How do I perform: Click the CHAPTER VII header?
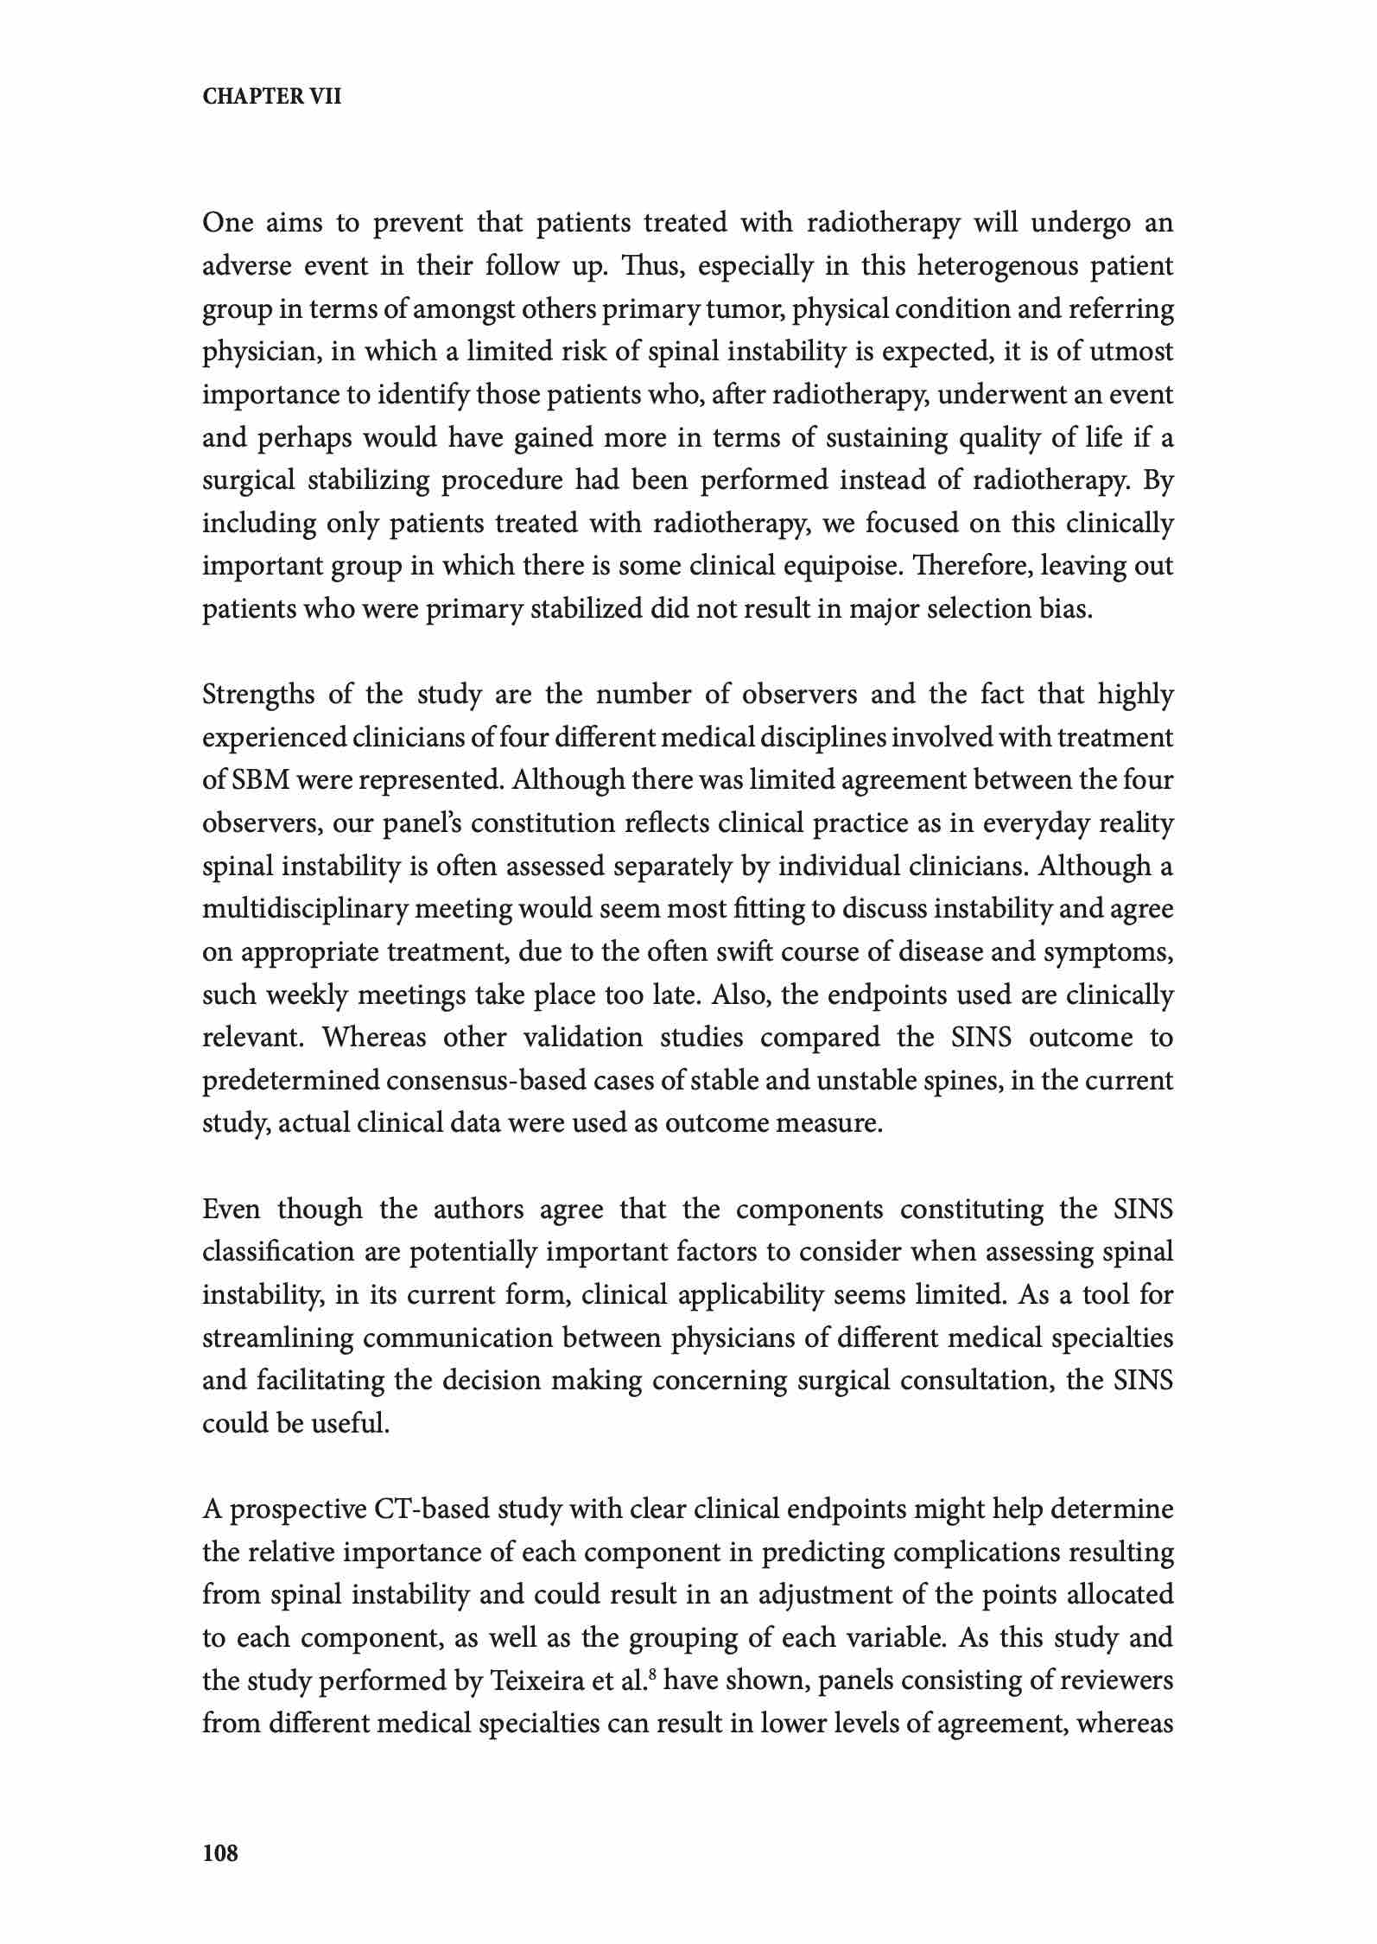pyautogui.click(x=272, y=97)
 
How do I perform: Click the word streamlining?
pyautogui.click(x=275, y=1338)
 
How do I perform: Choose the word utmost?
pyautogui.click(x=1131, y=352)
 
